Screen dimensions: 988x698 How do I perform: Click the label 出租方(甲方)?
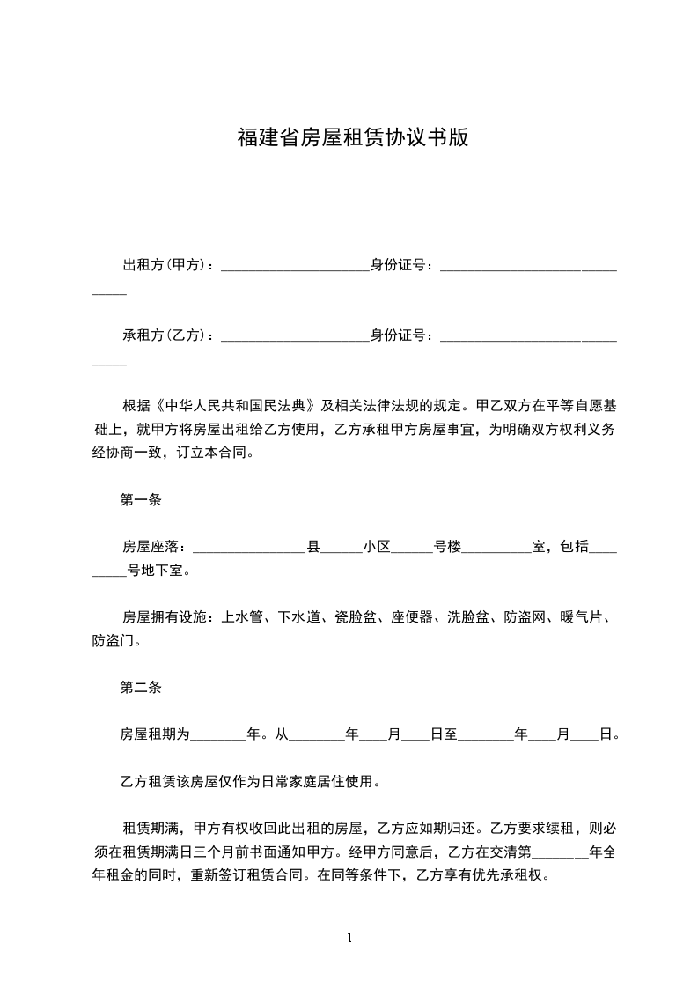(164, 264)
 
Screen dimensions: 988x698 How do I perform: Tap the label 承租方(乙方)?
(164, 335)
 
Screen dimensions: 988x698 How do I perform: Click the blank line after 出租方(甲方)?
(293, 268)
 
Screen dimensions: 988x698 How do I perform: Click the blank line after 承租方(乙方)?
(293, 339)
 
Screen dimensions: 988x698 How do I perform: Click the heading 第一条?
(140, 501)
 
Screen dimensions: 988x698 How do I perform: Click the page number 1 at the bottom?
(350, 939)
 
